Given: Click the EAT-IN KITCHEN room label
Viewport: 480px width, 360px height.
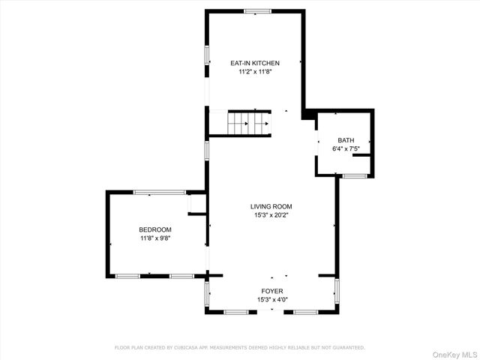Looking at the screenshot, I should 254,63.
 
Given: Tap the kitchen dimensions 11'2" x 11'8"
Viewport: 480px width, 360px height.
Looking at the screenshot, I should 254,72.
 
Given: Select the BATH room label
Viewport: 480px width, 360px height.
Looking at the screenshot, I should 345,140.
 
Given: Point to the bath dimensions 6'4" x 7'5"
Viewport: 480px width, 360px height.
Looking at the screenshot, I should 345,148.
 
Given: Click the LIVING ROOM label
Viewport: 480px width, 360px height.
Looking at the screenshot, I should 271,206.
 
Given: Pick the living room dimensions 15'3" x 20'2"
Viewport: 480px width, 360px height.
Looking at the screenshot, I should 271,215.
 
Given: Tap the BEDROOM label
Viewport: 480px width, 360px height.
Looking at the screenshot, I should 155,229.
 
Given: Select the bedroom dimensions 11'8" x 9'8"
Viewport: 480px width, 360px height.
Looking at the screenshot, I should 155,238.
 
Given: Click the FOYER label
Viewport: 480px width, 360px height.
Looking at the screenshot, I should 271,291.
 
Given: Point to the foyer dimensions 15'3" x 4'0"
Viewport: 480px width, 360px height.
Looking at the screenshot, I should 271,299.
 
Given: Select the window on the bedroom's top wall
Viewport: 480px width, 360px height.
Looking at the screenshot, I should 159,192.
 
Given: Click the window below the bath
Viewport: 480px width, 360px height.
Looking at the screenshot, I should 354,175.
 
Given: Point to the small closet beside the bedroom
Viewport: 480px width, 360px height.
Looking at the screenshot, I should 196,203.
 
